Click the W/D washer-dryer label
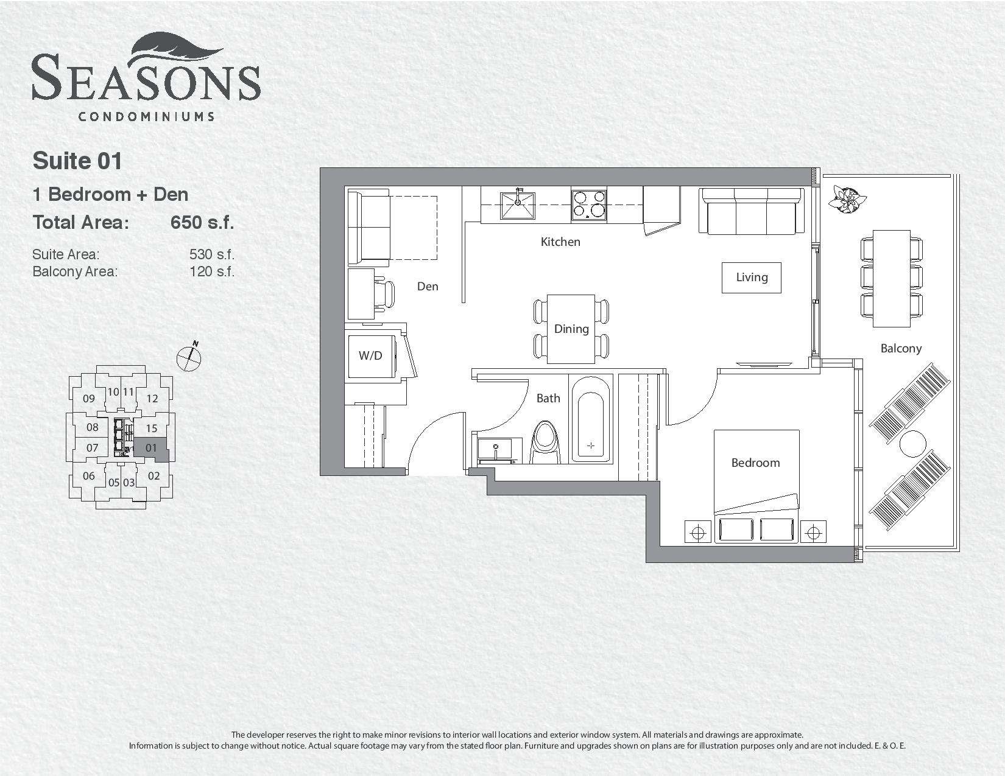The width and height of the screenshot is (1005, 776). tap(370, 355)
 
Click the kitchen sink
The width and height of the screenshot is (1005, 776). tap(518, 206)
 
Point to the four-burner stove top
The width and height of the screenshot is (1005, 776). tap(589, 204)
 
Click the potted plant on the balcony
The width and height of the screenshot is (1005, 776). tap(847, 199)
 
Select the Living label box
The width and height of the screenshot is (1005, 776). tap(752, 278)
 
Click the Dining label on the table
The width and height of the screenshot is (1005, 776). tap(571, 329)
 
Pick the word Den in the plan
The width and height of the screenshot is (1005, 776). tap(428, 287)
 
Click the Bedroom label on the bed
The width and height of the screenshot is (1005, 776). tap(755, 463)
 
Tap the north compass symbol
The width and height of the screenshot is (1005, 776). tap(189, 357)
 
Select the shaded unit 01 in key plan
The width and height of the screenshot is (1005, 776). tap(151, 449)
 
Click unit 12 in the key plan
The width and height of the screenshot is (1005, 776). tap(152, 399)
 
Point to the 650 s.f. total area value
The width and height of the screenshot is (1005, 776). tap(202, 223)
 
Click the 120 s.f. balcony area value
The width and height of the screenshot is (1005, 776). tap(212, 271)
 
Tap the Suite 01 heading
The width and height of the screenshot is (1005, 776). tap(77, 161)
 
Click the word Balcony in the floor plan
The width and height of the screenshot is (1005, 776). tap(901, 349)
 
